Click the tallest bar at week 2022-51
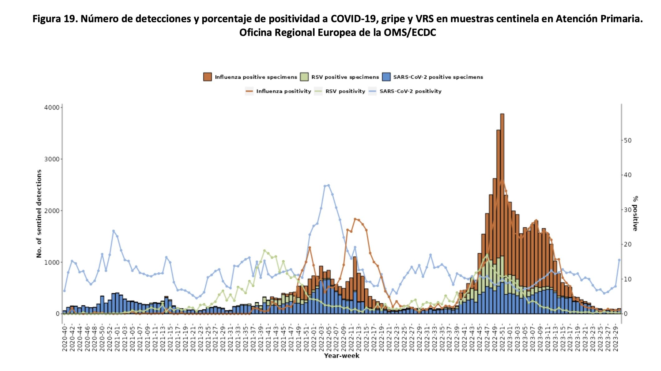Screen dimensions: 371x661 [502, 212]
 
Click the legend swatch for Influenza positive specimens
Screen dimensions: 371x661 [207, 77]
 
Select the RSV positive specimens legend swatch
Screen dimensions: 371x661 [304, 77]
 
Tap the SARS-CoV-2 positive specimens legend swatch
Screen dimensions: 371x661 [386, 77]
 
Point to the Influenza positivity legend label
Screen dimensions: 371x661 [283, 91]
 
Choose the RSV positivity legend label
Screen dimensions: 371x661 [345, 91]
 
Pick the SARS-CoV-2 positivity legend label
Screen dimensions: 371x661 [410, 91]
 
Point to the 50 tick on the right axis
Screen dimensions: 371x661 [628, 140]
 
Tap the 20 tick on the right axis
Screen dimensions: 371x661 [628, 244]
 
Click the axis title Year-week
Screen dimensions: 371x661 [341, 356]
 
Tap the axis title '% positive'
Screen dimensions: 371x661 [635, 213]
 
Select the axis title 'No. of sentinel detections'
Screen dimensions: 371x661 [39, 214]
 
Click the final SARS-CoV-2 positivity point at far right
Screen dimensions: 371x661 [619, 260]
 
